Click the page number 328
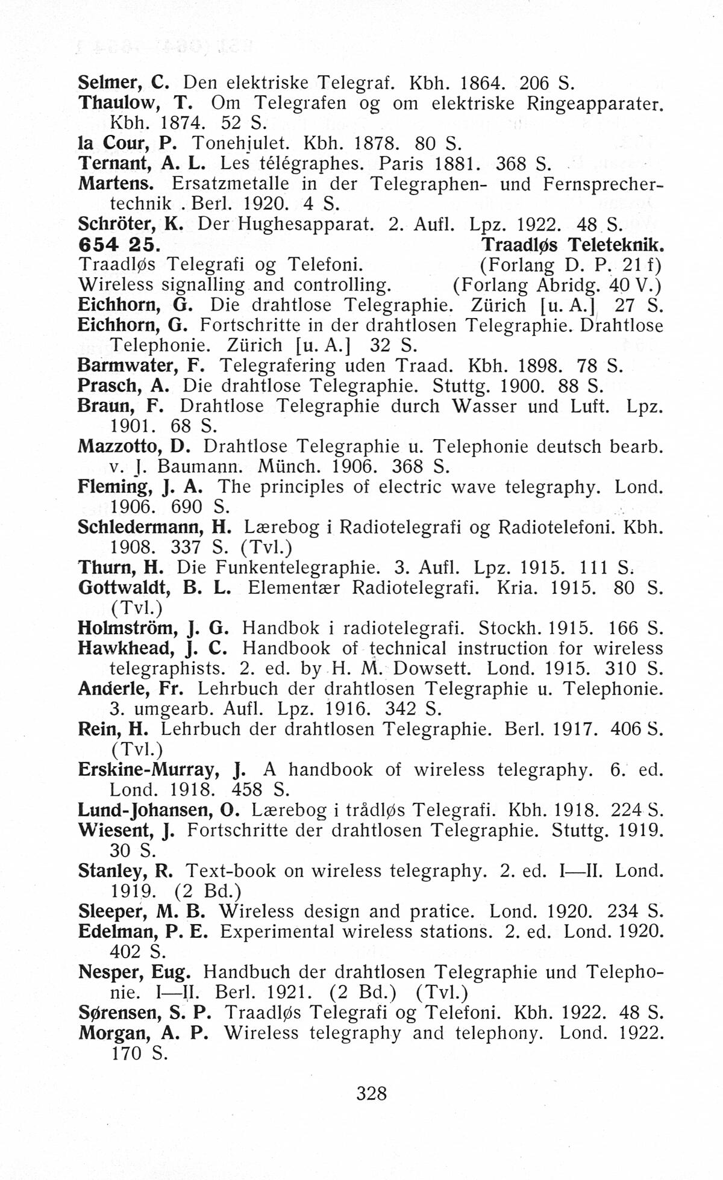pos(371,1092)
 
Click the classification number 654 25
pos(119,245)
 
